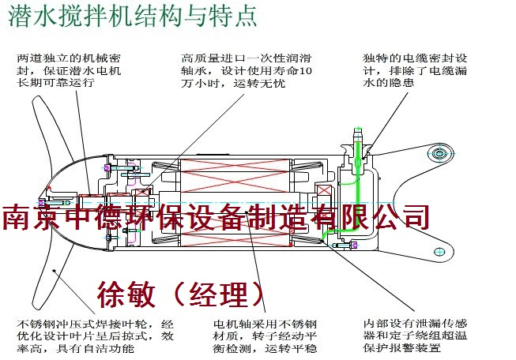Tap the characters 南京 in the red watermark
(x=27, y=216)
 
